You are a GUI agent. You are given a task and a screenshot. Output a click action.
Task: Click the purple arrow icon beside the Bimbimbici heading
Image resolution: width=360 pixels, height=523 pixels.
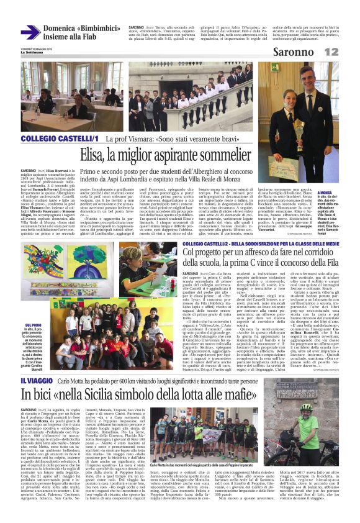tap(30, 32)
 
